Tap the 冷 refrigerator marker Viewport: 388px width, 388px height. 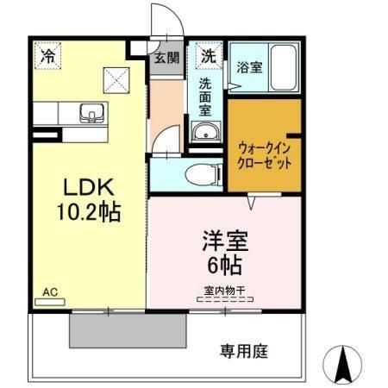click(48, 56)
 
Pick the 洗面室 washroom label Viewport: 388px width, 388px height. click(207, 98)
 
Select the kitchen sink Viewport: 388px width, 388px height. click(91, 113)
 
